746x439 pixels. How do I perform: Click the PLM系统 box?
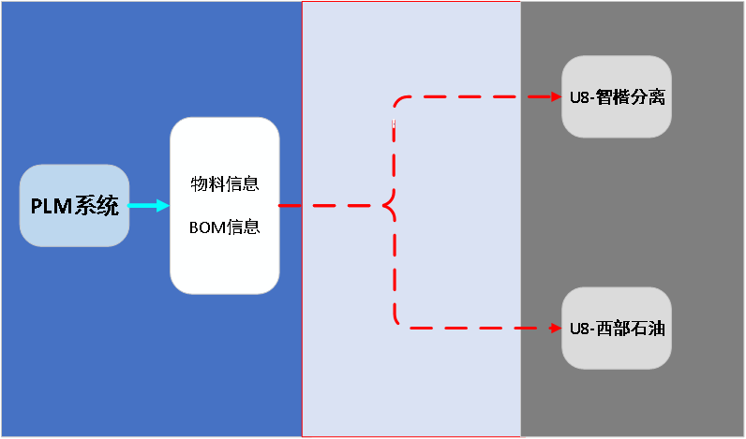(74, 205)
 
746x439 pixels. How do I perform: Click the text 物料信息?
(224, 183)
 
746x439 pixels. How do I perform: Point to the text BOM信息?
(224, 227)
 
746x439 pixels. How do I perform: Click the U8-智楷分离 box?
(617, 96)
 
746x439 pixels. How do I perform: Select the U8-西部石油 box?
(617, 328)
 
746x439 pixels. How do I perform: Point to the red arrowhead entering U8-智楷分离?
(554, 96)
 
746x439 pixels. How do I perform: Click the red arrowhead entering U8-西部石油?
(554, 328)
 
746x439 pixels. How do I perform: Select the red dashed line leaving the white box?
(328, 206)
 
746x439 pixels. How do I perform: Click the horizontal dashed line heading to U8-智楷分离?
(469, 96)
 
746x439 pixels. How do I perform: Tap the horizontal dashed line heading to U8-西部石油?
(469, 328)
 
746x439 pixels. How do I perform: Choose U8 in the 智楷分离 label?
(577, 96)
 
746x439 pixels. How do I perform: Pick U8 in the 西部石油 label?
(577, 328)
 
